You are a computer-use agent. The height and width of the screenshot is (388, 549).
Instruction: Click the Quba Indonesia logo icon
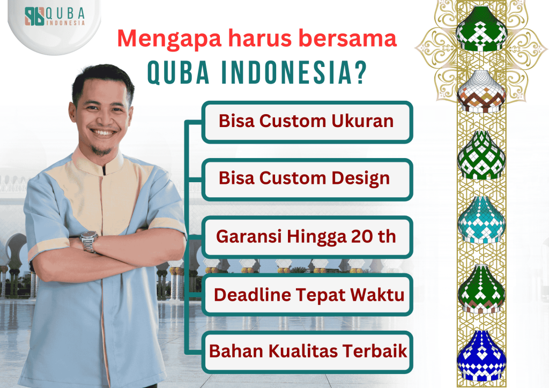click(34, 16)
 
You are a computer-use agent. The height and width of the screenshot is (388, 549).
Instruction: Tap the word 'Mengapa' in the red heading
click(169, 39)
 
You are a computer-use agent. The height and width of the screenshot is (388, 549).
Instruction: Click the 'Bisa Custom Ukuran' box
click(307, 122)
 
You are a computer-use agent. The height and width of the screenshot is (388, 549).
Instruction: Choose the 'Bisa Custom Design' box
click(307, 180)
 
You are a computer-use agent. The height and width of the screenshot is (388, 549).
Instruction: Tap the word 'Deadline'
click(253, 295)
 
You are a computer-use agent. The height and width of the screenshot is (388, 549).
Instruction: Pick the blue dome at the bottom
click(481, 355)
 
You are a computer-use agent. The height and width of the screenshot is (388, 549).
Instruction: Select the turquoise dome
click(481, 220)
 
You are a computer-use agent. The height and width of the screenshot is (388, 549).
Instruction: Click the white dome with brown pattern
click(481, 91)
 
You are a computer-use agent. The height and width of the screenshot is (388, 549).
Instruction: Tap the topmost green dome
click(481, 29)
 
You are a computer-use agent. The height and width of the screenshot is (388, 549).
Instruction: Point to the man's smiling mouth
click(103, 132)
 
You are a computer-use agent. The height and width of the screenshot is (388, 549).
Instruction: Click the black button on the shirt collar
click(104, 171)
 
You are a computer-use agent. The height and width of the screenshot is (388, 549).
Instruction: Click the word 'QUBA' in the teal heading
click(178, 72)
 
